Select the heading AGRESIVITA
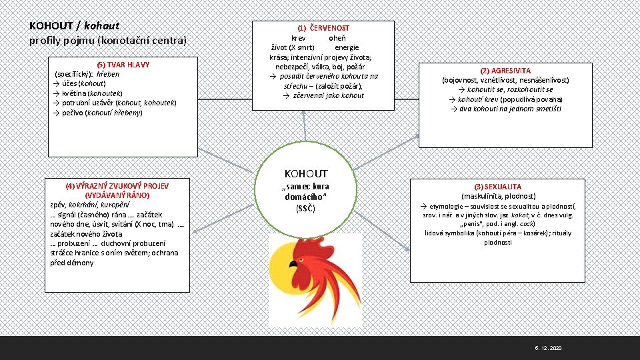[505, 71]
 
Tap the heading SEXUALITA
[498, 187]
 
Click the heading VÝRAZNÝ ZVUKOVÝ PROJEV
[117, 186]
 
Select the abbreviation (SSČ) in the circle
[306, 209]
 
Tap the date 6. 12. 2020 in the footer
[549, 349]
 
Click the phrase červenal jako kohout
[323, 95]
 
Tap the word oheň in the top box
[337, 38]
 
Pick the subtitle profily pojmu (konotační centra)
[108, 41]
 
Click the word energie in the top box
[347, 47]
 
